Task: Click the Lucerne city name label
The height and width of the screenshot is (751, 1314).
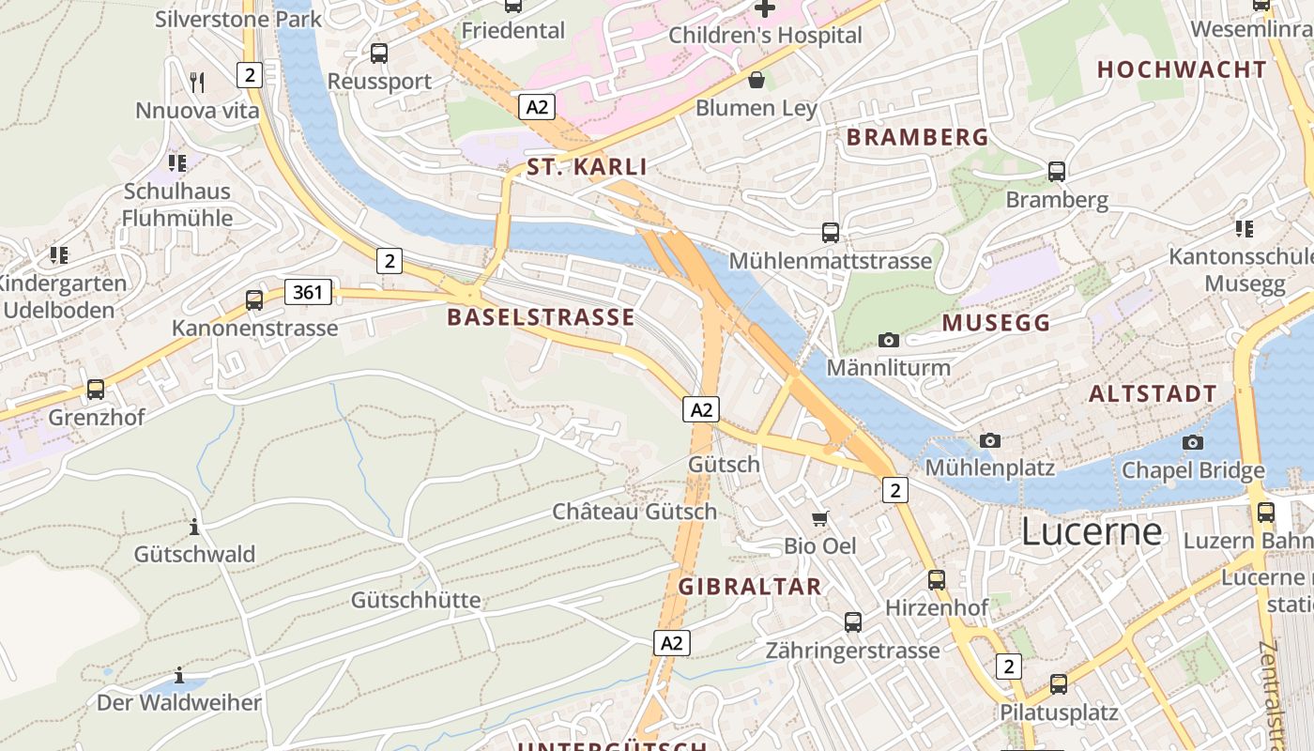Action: tap(1091, 532)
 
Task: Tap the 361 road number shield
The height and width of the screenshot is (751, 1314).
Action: tap(309, 292)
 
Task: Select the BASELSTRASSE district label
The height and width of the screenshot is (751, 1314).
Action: tap(541, 317)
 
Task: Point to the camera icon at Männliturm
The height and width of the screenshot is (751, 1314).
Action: tap(888, 340)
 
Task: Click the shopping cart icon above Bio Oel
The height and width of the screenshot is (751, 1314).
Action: tap(820, 518)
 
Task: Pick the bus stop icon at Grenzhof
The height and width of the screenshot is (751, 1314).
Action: tap(96, 389)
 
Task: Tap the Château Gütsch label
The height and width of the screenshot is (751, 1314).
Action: tap(634, 512)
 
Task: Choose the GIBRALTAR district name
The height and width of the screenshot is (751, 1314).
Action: tap(750, 588)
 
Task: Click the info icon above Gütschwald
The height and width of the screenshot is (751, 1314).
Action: tap(194, 527)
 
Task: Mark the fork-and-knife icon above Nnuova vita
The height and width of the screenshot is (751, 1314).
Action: tap(197, 83)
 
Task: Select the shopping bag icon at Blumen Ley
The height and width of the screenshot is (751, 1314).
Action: tap(756, 80)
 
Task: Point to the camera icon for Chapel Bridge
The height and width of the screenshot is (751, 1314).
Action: tap(1193, 442)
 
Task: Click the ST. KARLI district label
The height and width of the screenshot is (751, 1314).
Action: tap(587, 168)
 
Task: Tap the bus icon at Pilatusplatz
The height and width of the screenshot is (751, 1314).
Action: tap(1059, 684)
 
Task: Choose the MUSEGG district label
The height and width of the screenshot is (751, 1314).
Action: tap(996, 324)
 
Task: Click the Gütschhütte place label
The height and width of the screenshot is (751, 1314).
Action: tap(416, 600)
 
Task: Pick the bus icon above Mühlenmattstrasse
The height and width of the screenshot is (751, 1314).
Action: tap(831, 232)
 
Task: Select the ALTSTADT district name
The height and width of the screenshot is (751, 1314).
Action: tap(1153, 394)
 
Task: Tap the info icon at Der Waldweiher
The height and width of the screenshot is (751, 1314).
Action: tap(179, 676)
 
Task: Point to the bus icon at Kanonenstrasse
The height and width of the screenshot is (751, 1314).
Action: tap(254, 300)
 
